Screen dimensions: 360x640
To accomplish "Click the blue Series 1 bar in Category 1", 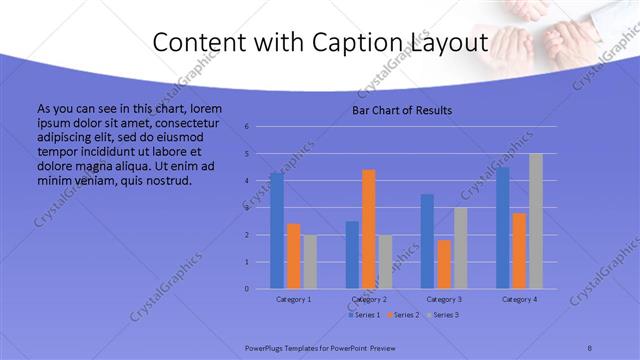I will coord(277,231).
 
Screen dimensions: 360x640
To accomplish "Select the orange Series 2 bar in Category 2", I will coord(369,229).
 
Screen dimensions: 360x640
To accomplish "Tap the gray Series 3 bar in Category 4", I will coord(536,221).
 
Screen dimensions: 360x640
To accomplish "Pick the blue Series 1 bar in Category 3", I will coord(428,241).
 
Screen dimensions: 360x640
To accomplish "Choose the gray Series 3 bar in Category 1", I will coord(310,262).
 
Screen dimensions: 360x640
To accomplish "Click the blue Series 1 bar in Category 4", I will coord(503,228).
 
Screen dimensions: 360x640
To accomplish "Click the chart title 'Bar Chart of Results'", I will coord(402,111).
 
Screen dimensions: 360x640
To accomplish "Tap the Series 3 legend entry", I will coord(443,315).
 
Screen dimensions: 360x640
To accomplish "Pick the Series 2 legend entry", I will coord(404,315).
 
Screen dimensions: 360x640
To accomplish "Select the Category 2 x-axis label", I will coord(369,299).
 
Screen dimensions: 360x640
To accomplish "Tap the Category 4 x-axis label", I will coord(519,299).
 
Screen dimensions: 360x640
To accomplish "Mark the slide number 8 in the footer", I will coord(590,346).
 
